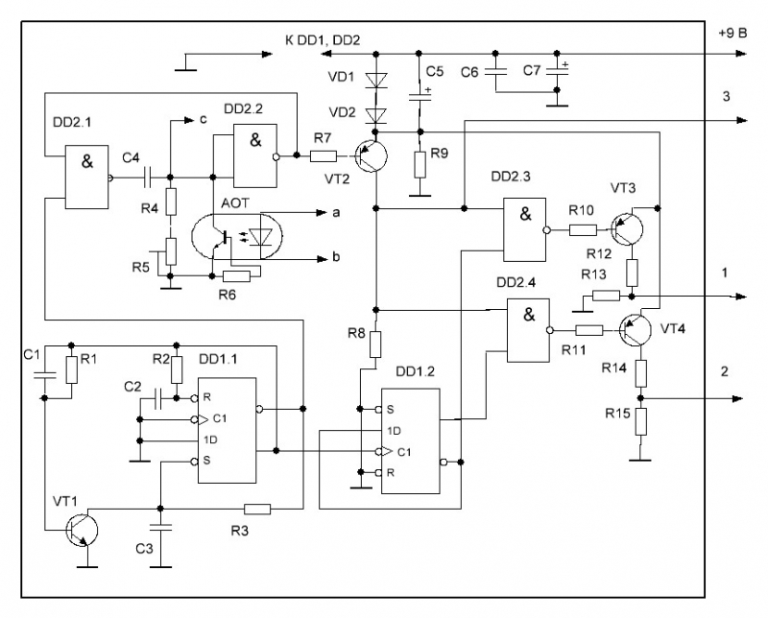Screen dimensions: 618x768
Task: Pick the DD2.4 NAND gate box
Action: click(527, 328)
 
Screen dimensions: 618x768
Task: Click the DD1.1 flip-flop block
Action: click(227, 429)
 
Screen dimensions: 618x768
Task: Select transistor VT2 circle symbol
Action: click(369, 154)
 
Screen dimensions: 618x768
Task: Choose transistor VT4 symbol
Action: click(635, 330)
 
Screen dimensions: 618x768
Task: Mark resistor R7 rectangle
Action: click(324, 154)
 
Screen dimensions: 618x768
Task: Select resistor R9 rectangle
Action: click(419, 163)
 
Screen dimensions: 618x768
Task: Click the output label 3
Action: click(727, 97)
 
